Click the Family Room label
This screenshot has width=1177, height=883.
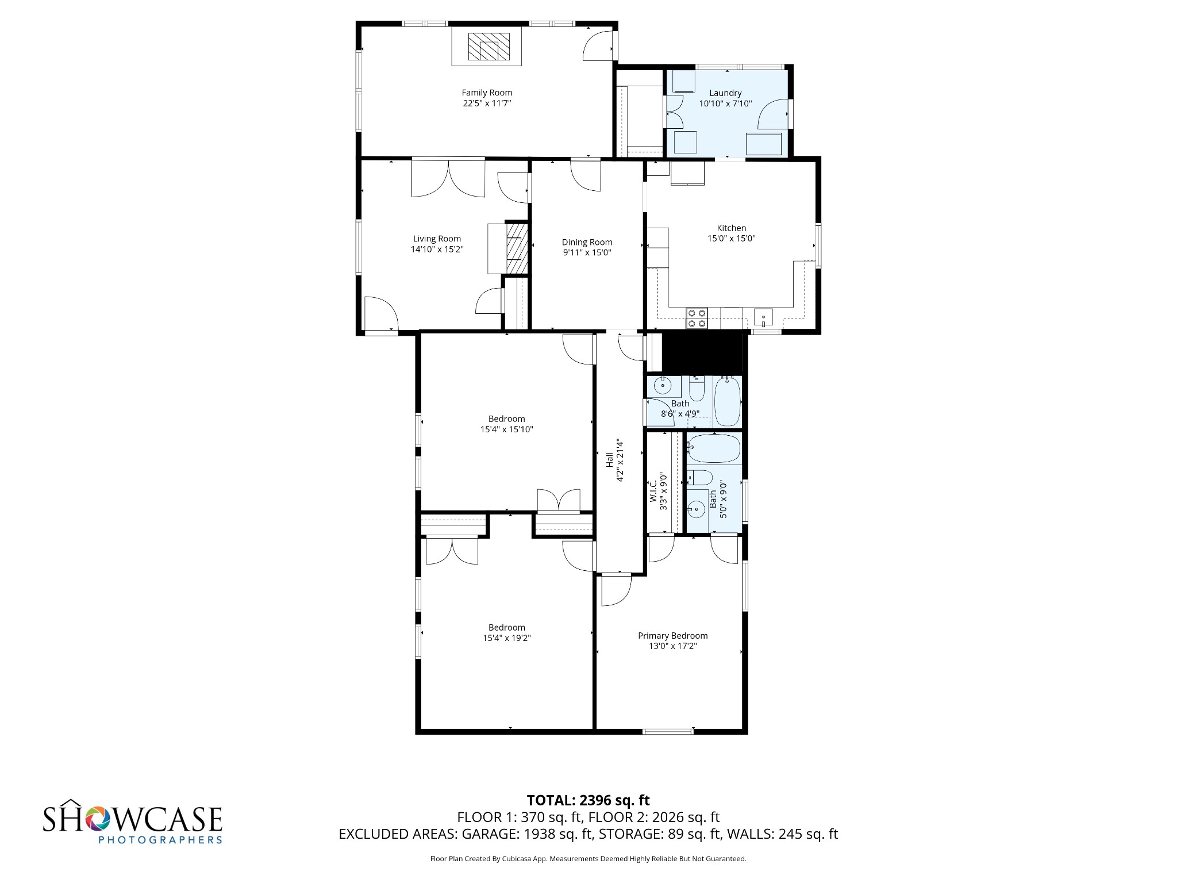tap(487, 93)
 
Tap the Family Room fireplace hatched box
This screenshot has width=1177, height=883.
tap(489, 47)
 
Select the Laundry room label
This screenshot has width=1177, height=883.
tap(725, 93)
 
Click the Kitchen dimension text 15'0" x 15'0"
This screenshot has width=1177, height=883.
tap(731, 239)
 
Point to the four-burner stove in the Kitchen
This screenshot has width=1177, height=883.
tap(697, 318)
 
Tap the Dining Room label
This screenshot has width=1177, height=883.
tap(587, 243)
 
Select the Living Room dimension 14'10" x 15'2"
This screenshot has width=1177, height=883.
tap(437, 249)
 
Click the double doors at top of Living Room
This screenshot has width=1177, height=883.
tap(448, 179)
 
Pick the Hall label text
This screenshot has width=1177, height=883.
tap(609, 460)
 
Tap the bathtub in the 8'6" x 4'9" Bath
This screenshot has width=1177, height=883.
tap(728, 401)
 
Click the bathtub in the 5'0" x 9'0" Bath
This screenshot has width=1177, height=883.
tap(713, 449)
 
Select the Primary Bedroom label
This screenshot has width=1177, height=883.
tap(672, 636)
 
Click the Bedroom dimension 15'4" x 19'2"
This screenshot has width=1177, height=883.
tap(506, 638)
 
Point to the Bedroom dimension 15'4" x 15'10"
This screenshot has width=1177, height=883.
tap(506, 429)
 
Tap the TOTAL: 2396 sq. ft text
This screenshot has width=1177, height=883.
tap(588, 800)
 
